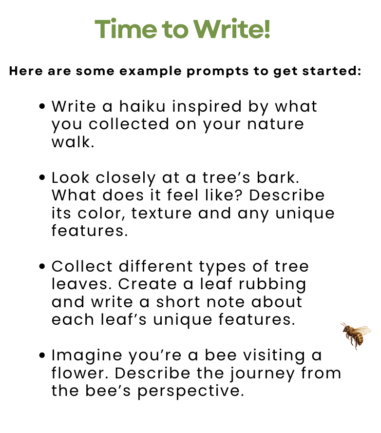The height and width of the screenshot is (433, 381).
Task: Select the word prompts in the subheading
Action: pos(218,72)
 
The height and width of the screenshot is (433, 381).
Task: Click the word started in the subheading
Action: pos(332,71)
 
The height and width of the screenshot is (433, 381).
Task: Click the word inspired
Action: pos(207,107)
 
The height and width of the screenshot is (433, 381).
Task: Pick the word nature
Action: pos(275,124)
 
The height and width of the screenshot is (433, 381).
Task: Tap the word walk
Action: pos(73,142)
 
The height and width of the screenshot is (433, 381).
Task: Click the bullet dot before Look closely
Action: pos(42,177)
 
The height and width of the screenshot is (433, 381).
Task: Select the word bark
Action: pos(278,177)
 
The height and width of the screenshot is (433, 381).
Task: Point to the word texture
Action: pos(161,213)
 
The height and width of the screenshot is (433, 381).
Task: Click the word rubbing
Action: pos(272,284)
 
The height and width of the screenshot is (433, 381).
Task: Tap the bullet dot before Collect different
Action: pos(42,266)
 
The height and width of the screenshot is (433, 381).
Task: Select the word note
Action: pos(226,302)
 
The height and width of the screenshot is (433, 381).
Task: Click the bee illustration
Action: pos(356,335)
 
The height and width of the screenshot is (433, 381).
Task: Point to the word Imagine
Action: pos(87,355)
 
